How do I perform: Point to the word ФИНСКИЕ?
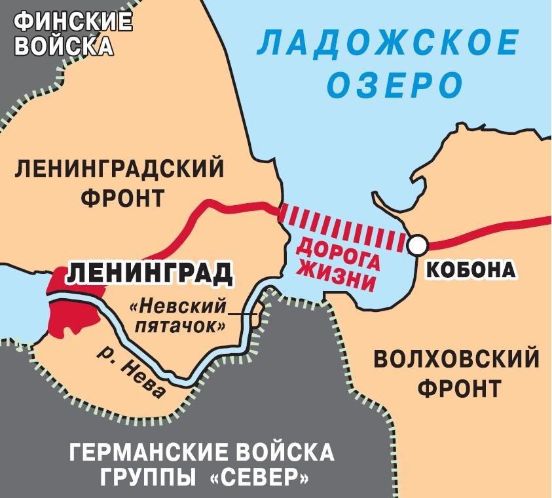pos(73,23)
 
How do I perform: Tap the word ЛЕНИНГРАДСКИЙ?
pos(119,170)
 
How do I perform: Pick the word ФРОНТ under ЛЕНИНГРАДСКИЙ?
pos(122,197)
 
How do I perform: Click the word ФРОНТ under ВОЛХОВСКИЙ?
pos(457,389)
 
